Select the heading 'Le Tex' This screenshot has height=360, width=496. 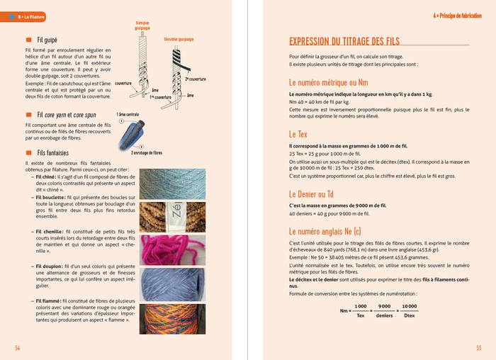[298, 134]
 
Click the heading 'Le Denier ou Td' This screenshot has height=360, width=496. [312, 193]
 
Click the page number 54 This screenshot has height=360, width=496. [18, 348]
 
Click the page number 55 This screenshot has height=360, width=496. [478, 348]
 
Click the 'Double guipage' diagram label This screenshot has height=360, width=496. [179, 40]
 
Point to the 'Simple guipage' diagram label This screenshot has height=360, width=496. [142, 26]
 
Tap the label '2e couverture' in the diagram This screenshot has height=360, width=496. [196, 79]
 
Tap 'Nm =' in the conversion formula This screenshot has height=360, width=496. [346, 310]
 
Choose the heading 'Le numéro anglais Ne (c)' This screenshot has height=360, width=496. [325, 231]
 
